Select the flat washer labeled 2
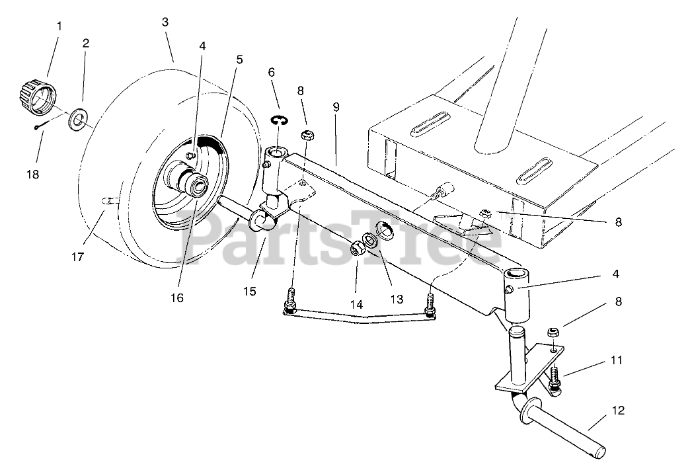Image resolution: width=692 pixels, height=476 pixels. [x=80, y=120]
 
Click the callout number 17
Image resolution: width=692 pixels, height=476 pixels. [x=77, y=257]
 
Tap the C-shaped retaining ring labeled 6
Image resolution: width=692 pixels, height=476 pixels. [x=280, y=119]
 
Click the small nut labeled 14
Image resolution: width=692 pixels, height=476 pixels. [x=358, y=250]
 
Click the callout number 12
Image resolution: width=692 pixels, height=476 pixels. [x=618, y=411]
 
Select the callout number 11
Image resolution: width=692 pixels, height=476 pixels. [x=617, y=361]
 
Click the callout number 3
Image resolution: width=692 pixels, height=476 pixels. [x=165, y=22]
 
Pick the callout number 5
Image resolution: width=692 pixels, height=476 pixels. [x=239, y=58]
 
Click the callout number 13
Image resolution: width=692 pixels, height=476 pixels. [x=397, y=299]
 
